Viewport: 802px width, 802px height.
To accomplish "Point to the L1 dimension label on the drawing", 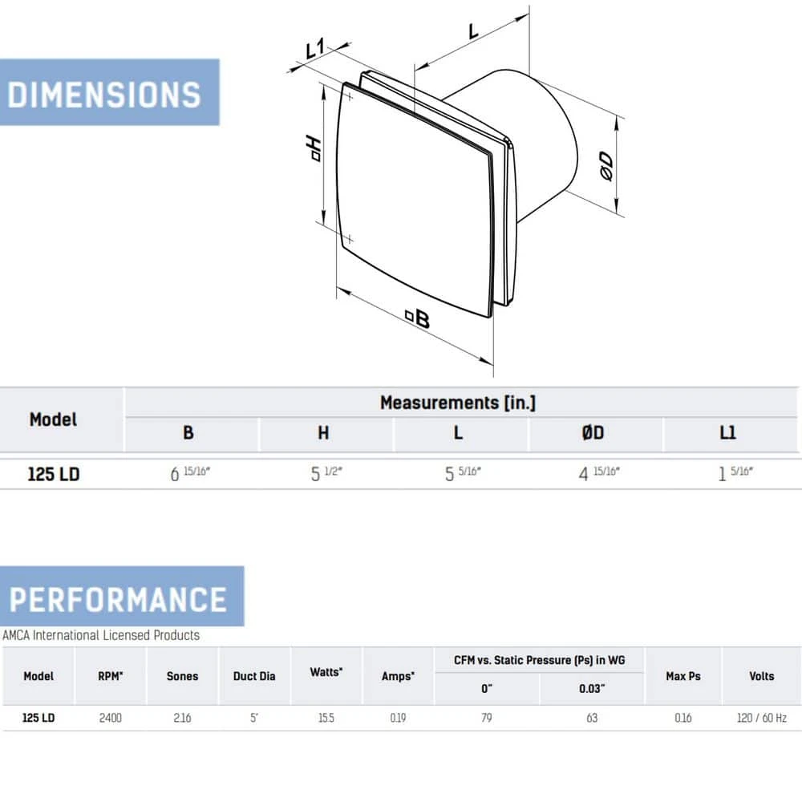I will pyautogui.click(x=314, y=50).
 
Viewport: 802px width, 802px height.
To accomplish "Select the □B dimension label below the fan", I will pyautogui.click(x=418, y=319).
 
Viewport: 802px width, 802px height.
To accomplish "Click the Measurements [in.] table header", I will pyautogui.click(x=457, y=403).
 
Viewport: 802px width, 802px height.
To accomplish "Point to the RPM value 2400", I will pyautogui.click(x=110, y=718).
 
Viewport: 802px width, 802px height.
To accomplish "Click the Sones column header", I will pyautogui.click(x=182, y=676).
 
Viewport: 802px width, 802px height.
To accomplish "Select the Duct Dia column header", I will pyautogui.click(x=254, y=676).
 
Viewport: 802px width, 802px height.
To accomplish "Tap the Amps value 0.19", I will pyautogui.click(x=397, y=718).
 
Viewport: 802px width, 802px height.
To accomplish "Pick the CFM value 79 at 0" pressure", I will pyautogui.click(x=486, y=718).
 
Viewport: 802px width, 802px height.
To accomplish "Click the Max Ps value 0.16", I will pyautogui.click(x=683, y=718).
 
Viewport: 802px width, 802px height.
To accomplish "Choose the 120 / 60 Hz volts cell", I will pyautogui.click(x=761, y=718).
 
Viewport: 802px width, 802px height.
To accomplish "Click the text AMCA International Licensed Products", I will pyautogui.click(x=101, y=635).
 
